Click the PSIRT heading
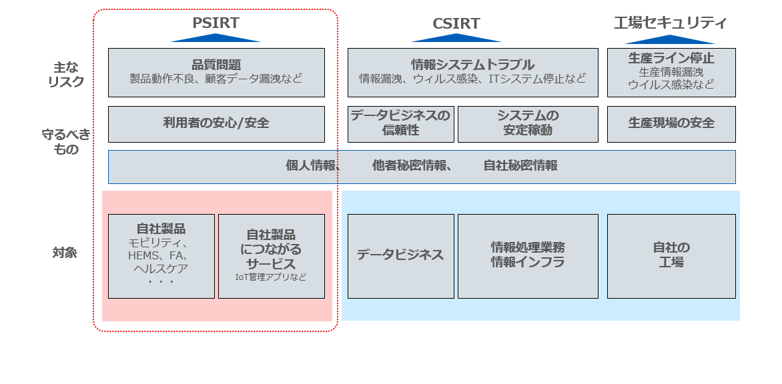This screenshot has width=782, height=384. coord(215,23)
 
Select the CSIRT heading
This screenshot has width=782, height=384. coord(456,24)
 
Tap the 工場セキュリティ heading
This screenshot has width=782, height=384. coord(670,23)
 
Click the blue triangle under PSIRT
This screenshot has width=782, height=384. coord(215,38)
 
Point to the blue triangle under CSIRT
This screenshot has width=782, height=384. coord(456,38)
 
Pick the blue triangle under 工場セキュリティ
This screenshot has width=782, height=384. coord(670,39)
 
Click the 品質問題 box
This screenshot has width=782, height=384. coord(216,72)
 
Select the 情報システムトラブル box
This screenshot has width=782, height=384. coord(472,72)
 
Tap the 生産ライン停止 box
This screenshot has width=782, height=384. coord(671,72)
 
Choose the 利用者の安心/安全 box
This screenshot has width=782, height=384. coord(216,123)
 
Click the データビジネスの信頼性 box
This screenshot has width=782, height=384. coord(400,123)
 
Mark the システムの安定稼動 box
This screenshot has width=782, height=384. coord(527,123)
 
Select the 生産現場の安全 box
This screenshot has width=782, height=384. coord(671,123)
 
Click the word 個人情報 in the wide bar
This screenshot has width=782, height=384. coord(311,166)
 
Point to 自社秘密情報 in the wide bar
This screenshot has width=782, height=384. coord(520,166)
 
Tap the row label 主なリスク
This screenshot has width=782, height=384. coord(68,75)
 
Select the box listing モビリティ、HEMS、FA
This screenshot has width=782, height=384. coord(161,256)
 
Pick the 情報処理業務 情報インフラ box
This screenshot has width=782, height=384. coord(527,255)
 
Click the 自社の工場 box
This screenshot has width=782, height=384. coord(671,255)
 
